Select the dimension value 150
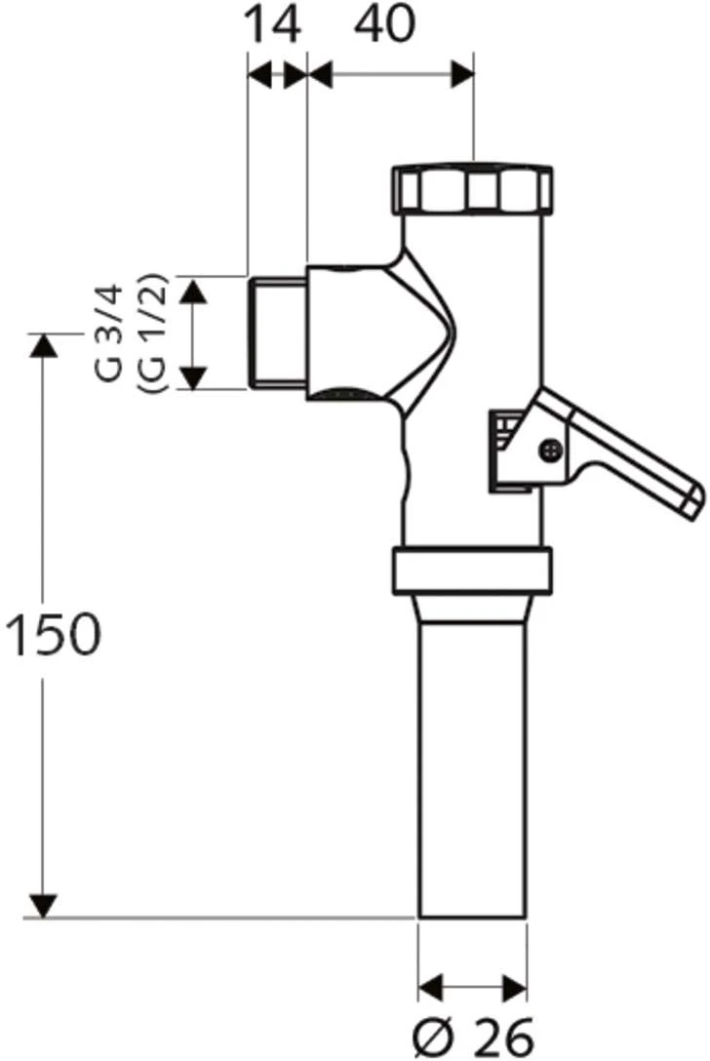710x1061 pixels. [x=53, y=636]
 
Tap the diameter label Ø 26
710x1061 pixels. [x=473, y=1035]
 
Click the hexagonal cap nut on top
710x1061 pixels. [x=472, y=189]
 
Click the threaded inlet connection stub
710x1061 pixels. [x=278, y=333]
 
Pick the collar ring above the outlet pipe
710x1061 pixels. [x=472, y=571]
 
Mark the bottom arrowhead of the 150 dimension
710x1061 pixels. [x=41, y=907]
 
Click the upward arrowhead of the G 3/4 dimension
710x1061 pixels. [x=196, y=289]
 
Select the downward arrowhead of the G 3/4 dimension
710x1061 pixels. [x=196, y=377]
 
